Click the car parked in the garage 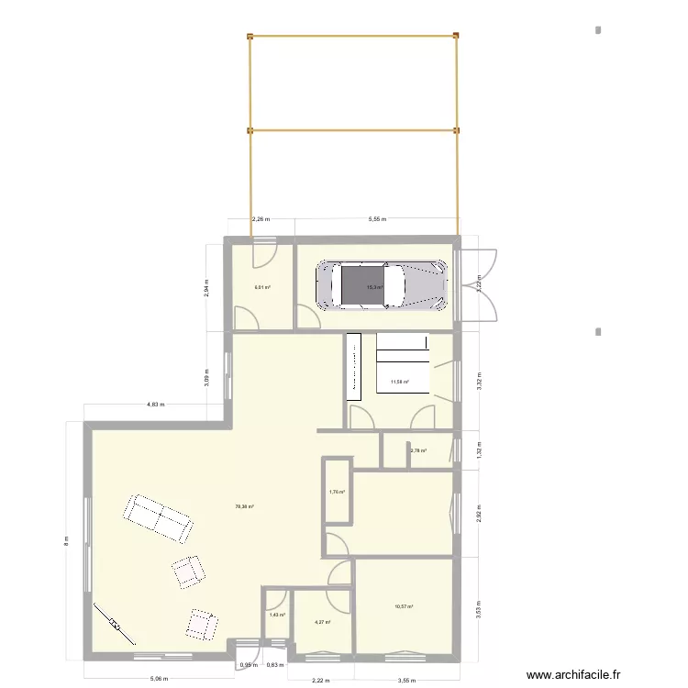(x=382, y=284)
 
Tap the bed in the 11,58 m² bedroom (x=402, y=363)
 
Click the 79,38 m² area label (x=245, y=506)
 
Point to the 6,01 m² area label (x=261, y=286)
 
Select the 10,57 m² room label (x=404, y=606)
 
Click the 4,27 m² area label (x=323, y=623)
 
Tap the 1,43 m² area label (x=277, y=616)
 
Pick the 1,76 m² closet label (x=337, y=493)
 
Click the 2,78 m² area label (x=418, y=450)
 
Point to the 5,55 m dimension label (x=377, y=219)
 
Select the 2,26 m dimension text (x=261, y=219)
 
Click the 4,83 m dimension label (x=156, y=404)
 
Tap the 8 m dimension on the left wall (x=65, y=541)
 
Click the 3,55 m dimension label (x=405, y=681)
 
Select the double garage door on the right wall (x=479, y=284)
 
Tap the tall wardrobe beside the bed (x=354, y=367)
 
